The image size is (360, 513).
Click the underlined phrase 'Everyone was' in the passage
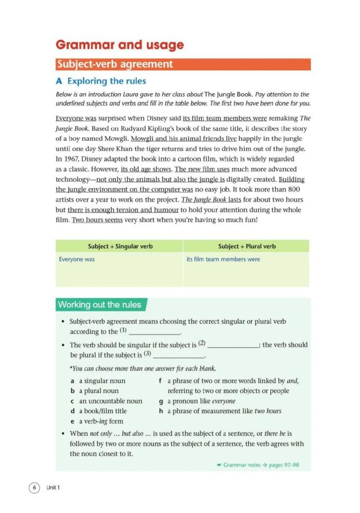(x=72, y=118)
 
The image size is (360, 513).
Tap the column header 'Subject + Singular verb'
(x=120, y=246)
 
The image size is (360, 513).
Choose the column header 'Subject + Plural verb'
(x=247, y=246)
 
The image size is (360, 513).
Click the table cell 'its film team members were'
(x=223, y=259)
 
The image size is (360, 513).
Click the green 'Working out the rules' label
(x=100, y=305)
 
